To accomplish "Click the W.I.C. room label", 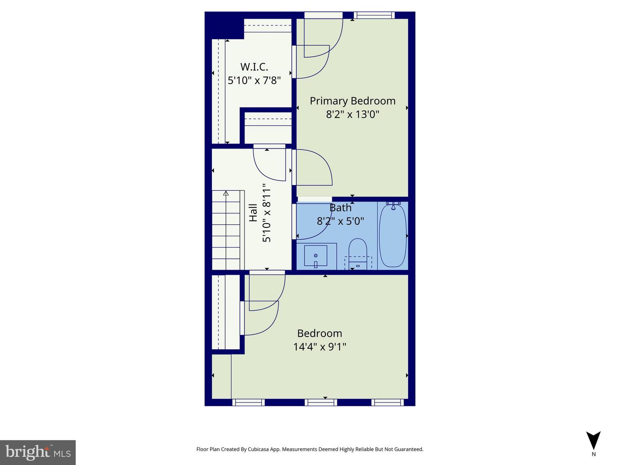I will click(254, 67).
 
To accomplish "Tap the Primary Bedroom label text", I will click(352, 101).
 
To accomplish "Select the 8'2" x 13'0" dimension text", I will click(352, 114).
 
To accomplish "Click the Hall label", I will click(253, 213).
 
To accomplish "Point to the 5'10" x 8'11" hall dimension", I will click(267, 213).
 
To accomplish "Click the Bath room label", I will click(341, 208).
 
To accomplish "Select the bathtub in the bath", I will click(392, 236).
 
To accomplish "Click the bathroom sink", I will click(316, 256).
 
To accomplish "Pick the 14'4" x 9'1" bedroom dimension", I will click(319, 347).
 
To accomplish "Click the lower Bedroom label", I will click(319, 333).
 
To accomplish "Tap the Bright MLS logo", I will click(38, 452).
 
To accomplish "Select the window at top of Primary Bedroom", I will click(374, 15).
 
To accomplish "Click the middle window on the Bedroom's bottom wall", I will click(321, 402).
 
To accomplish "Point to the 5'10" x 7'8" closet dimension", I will click(254, 80).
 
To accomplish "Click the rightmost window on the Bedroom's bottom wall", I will click(387, 402).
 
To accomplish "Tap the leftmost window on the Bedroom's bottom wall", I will click(248, 402).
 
